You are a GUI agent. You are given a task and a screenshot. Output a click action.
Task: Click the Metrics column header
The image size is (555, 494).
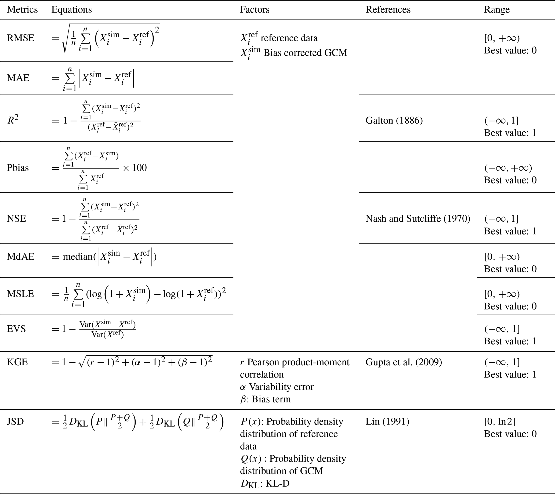click(22, 10)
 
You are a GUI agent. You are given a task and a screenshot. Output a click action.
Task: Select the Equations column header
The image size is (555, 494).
click(72, 10)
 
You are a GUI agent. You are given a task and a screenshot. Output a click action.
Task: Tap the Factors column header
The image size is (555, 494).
click(255, 10)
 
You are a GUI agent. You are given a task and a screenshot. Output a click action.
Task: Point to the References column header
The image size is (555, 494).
click(388, 10)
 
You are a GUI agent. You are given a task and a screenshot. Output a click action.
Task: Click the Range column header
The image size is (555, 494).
click(497, 10)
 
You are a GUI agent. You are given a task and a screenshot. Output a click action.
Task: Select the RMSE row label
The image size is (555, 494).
click(21, 38)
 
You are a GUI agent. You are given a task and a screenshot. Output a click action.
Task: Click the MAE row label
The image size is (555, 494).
click(18, 78)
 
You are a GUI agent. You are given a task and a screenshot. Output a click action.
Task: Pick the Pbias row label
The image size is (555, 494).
click(18, 168)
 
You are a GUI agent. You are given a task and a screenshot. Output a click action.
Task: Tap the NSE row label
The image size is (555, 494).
click(17, 219)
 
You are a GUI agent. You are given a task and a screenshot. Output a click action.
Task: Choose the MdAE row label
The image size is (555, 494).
click(21, 257)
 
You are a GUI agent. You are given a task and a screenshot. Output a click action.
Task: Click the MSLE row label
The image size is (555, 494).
click(21, 294)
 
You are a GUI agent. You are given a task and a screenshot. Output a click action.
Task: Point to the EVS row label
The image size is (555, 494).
click(16, 329)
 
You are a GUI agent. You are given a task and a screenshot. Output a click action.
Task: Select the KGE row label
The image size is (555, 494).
click(17, 362)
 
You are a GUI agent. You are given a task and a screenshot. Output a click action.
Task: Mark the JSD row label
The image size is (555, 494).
click(16, 422)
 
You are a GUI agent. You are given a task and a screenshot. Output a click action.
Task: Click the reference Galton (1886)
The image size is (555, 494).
click(394, 121)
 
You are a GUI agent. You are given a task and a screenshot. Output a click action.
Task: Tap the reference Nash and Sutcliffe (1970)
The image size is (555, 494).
click(418, 219)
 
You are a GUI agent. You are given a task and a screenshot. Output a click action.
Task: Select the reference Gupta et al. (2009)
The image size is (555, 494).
click(404, 362)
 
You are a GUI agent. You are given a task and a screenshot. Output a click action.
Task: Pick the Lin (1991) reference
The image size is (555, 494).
click(387, 422)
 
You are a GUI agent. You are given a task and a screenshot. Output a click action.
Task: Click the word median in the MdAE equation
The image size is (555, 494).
click(78, 257)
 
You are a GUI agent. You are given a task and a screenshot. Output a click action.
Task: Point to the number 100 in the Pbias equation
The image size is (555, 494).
click(139, 168)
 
